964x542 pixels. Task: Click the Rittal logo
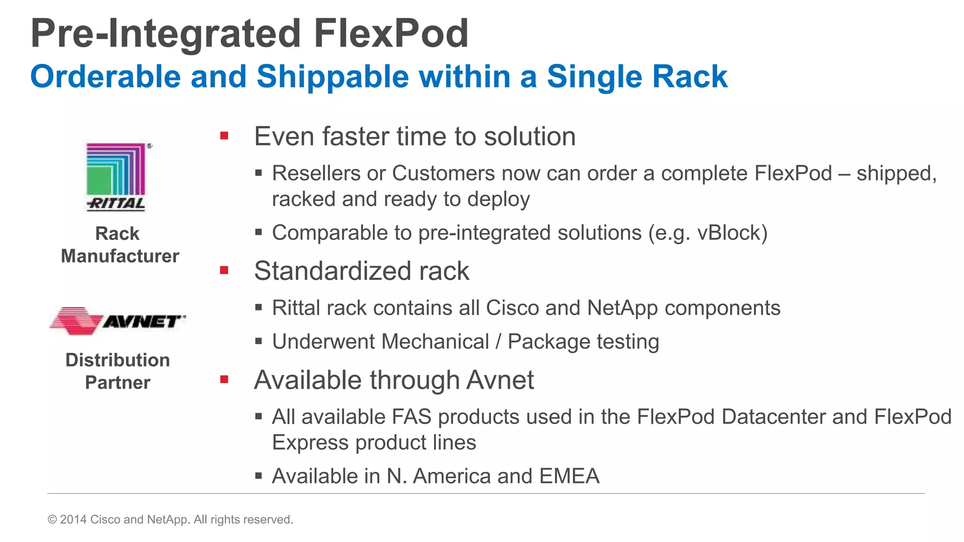(116, 177)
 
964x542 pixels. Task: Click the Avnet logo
(118, 321)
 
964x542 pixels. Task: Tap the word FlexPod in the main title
(391, 34)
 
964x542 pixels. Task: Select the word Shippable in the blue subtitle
(333, 77)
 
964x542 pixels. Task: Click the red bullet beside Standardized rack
(224, 271)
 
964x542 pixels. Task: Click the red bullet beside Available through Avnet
(224, 379)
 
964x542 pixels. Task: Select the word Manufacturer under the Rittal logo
(120, 256)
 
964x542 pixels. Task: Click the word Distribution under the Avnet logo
(118, 360)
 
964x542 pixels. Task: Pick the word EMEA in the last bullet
(570, 476)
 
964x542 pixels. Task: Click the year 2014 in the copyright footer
(73, 519)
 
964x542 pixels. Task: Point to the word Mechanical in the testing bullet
(381, 342)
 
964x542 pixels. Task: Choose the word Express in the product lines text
(311, 443)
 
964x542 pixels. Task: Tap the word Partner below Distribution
(118, 383)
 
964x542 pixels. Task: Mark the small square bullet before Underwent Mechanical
(258, 341)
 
